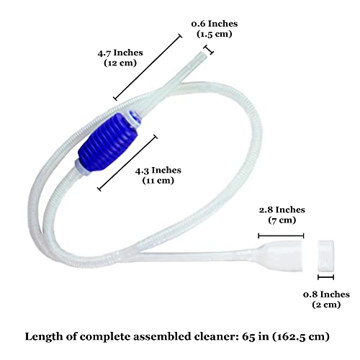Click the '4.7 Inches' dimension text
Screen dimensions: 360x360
coord(120,53)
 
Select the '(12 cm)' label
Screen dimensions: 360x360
coord(120,63)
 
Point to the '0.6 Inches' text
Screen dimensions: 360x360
coord(215,24)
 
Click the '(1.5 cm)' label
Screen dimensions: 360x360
coord(215,34)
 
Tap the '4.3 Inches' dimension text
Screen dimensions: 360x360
coord(158,171)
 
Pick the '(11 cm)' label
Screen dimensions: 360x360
coord(158,181)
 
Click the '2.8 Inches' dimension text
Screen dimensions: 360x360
coord(282,210)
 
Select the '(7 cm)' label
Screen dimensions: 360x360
coord(282,220)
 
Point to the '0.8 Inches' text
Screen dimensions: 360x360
coord(326,294)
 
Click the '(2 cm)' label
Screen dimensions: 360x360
coord(326,305)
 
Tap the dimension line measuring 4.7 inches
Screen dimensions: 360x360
coord(148,67)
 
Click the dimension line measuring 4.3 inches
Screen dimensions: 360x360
coord(127,163)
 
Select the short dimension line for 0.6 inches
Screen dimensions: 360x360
coord(209,50)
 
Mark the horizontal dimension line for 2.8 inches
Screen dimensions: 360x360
coord(281,236)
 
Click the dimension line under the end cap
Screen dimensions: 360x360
coord(325,277)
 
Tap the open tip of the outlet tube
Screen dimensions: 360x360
coord(204,55)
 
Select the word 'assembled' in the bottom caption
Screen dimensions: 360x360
coord(162,336)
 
